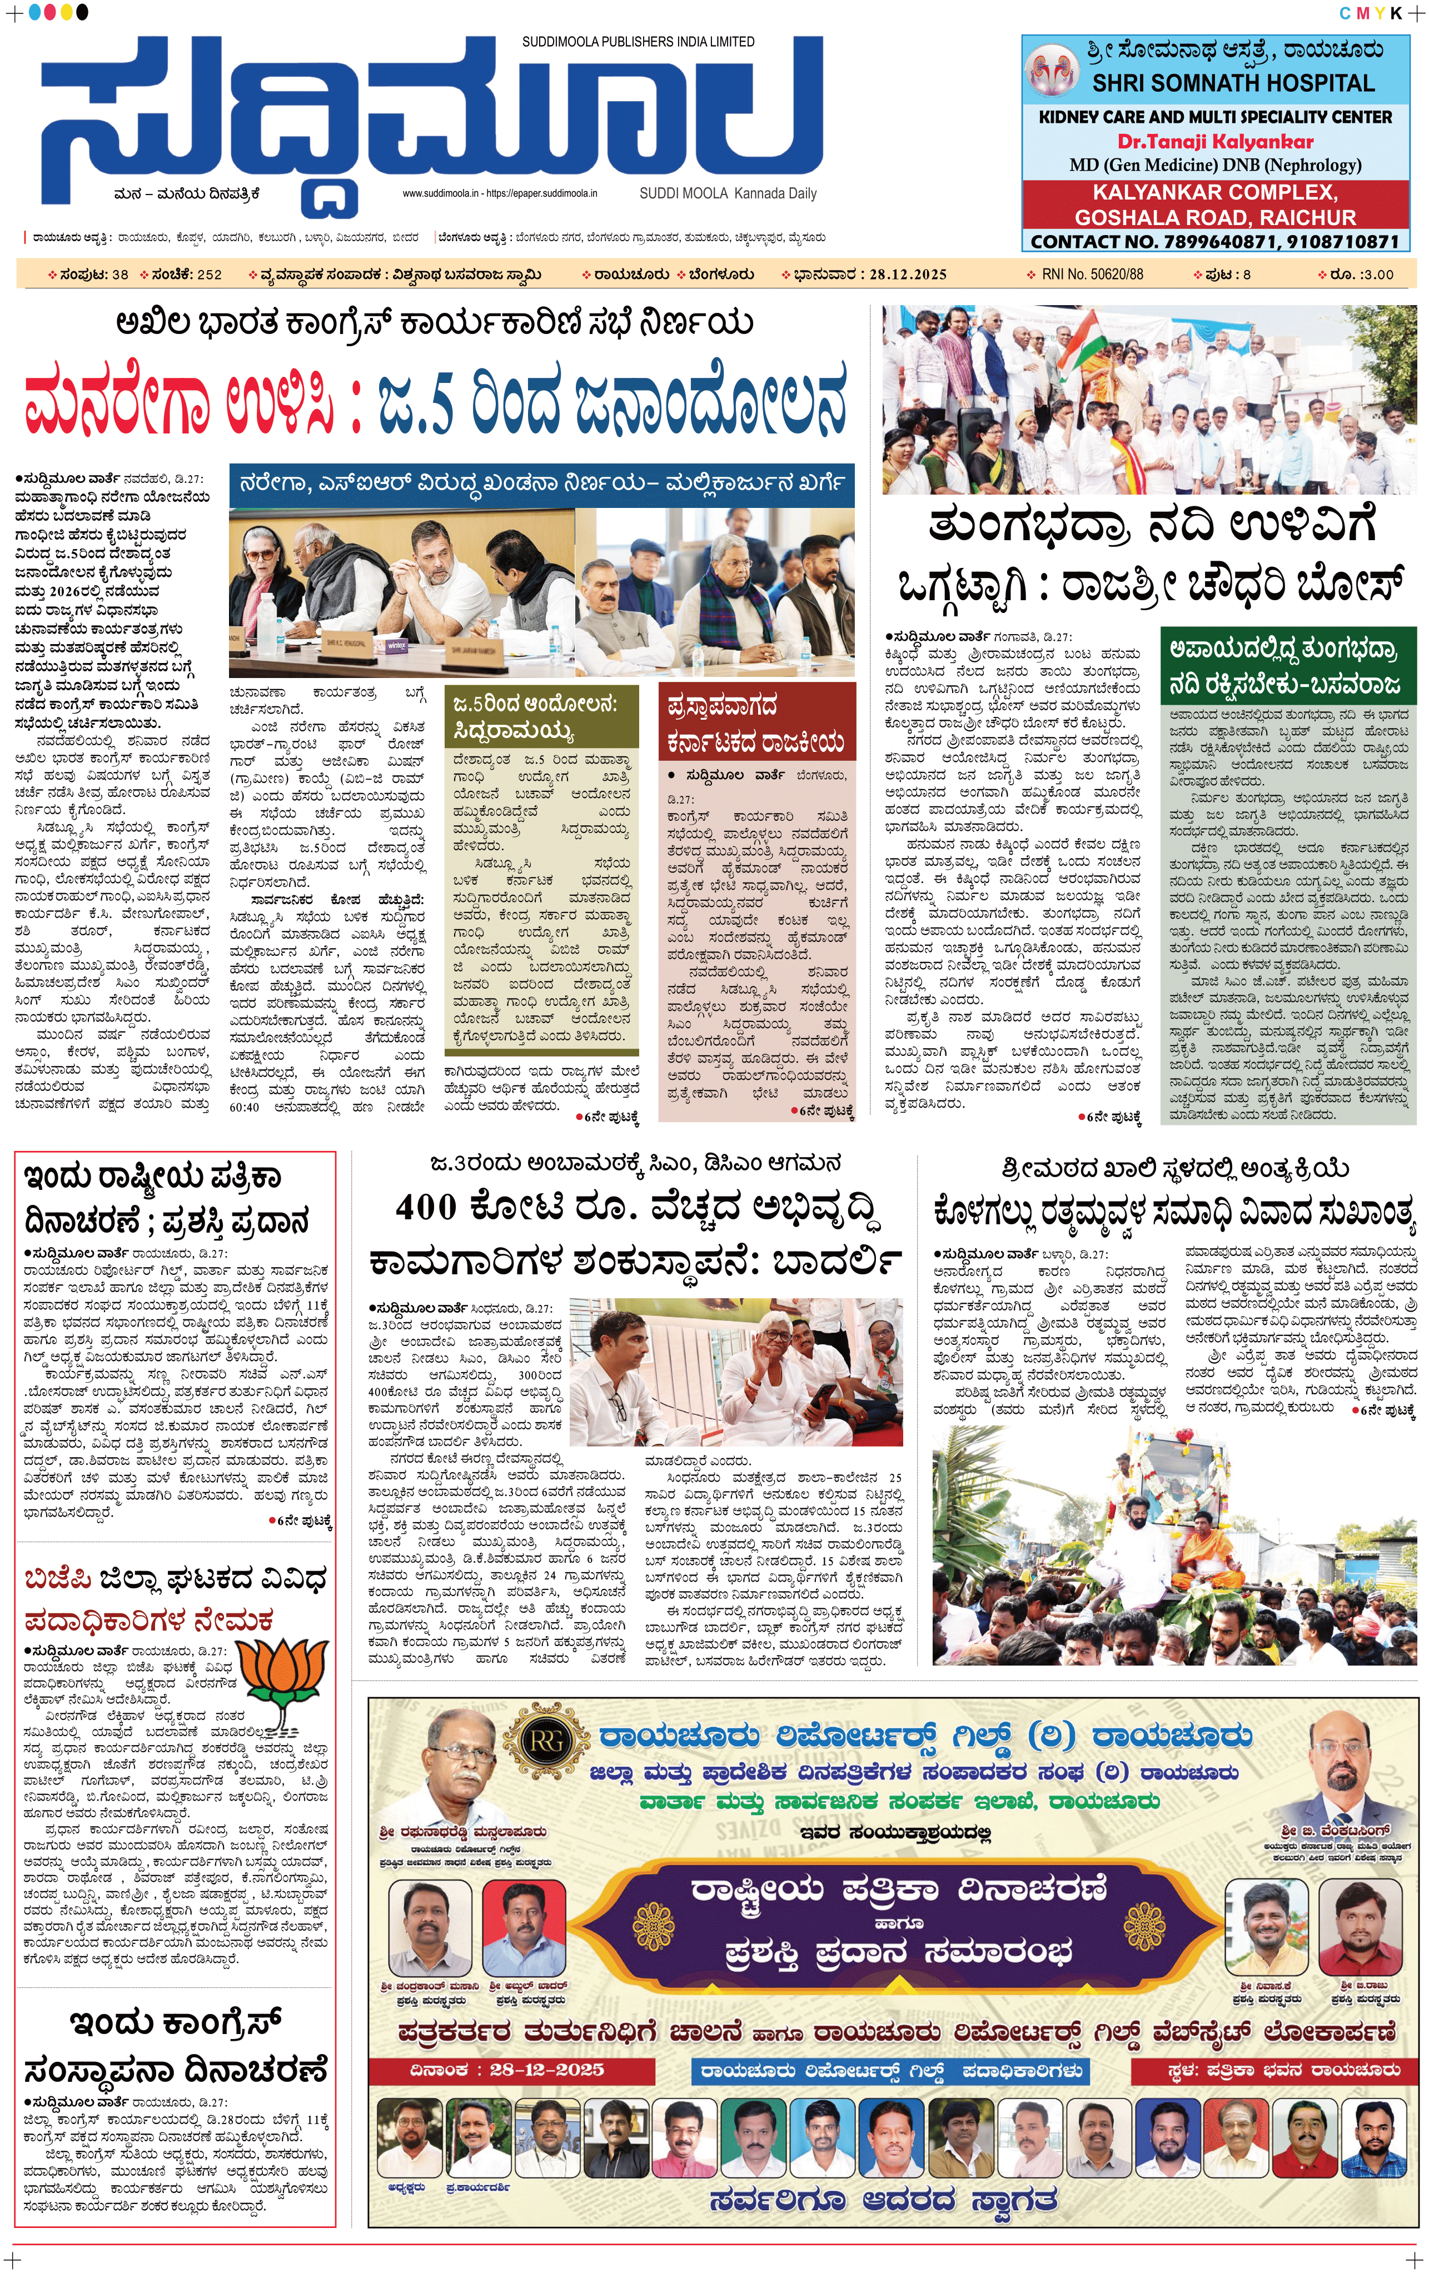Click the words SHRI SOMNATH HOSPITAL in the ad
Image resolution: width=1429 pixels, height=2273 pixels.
(1233, 83)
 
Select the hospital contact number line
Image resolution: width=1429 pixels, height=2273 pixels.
(1215, 242)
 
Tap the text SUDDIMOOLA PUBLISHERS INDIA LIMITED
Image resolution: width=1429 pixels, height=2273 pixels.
(638, 42)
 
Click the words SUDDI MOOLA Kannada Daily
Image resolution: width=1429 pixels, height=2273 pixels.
(728, 193)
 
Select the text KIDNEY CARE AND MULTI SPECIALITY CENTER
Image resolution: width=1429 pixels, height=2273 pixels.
(1215, 117)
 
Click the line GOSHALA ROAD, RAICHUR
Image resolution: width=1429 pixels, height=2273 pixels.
(1215, 217)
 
